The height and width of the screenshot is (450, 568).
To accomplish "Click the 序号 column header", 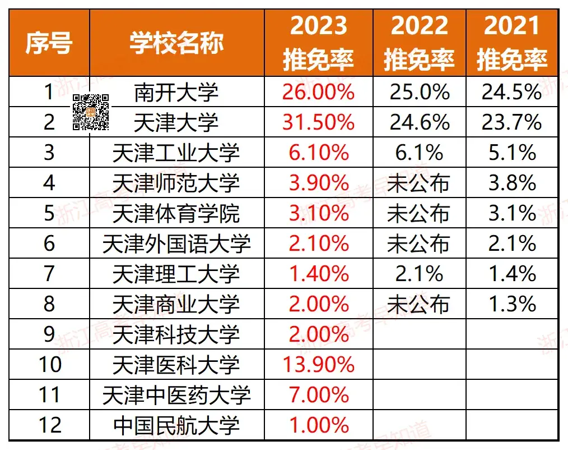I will [x=49, y=43].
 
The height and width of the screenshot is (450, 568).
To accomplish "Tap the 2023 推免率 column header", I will [x=318, y=43].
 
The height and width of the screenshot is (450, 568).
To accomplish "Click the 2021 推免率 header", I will [x=511, y=43].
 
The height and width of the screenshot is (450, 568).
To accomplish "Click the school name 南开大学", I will [x=176, y=92].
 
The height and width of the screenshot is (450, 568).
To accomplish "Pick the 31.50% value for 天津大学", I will [x=318, y=122].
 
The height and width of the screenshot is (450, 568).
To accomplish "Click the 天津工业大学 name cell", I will [x=176, y=153].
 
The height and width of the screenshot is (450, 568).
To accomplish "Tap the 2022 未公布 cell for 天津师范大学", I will [x=419, y=183].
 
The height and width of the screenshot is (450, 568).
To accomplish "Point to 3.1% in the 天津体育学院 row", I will [x=511, y=213].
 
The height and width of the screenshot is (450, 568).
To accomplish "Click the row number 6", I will [x=49, y=244].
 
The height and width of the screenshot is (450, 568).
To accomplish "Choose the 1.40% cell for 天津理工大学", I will [x=318, y=274].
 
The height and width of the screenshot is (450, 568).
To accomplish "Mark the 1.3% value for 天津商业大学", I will [x=511, y=304].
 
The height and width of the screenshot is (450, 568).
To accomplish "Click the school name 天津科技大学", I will [x=176, y=334].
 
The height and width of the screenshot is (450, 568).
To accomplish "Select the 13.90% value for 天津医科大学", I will [x=318, y=365].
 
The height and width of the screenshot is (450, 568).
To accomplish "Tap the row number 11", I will [x=49, y=395].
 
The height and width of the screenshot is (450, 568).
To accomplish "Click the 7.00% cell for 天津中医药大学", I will [x=318, y=395].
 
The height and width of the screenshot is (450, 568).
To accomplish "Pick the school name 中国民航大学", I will [x=176, y=425].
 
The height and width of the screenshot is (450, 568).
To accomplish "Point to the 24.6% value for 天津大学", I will [x=419, y=122].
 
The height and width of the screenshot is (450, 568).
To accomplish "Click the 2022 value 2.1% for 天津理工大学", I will [x=419, y=274].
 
